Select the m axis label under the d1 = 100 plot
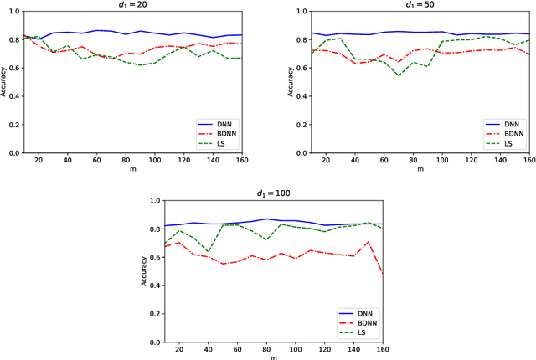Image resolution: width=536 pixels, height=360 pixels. (272, 357)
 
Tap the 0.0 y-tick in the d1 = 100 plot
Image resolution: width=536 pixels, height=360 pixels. (153, 342)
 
